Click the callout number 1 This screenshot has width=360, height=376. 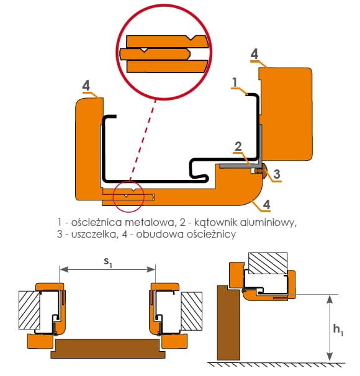(x=235, y=83)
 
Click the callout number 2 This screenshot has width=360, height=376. (x=238, y=146)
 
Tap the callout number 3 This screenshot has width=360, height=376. (x=277, y=174)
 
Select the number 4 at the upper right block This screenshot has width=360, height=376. (x=254, y=54)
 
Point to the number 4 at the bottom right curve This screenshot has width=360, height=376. (x=266, y=205)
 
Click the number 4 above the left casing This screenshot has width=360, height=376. (x=86, y=86)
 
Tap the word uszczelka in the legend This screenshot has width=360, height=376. (x=94, y=235)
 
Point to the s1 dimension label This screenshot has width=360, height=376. (x=107, y=262)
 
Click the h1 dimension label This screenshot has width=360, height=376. (x=338, y=329)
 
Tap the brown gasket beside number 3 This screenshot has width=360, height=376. (x=259, y=171)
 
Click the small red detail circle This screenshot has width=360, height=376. (x=128, y=197)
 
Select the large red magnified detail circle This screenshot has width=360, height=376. (x=164, y=52)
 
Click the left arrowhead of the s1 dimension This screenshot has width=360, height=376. (x=63, y=270)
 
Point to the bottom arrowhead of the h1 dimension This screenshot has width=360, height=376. (x=330, y=356)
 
